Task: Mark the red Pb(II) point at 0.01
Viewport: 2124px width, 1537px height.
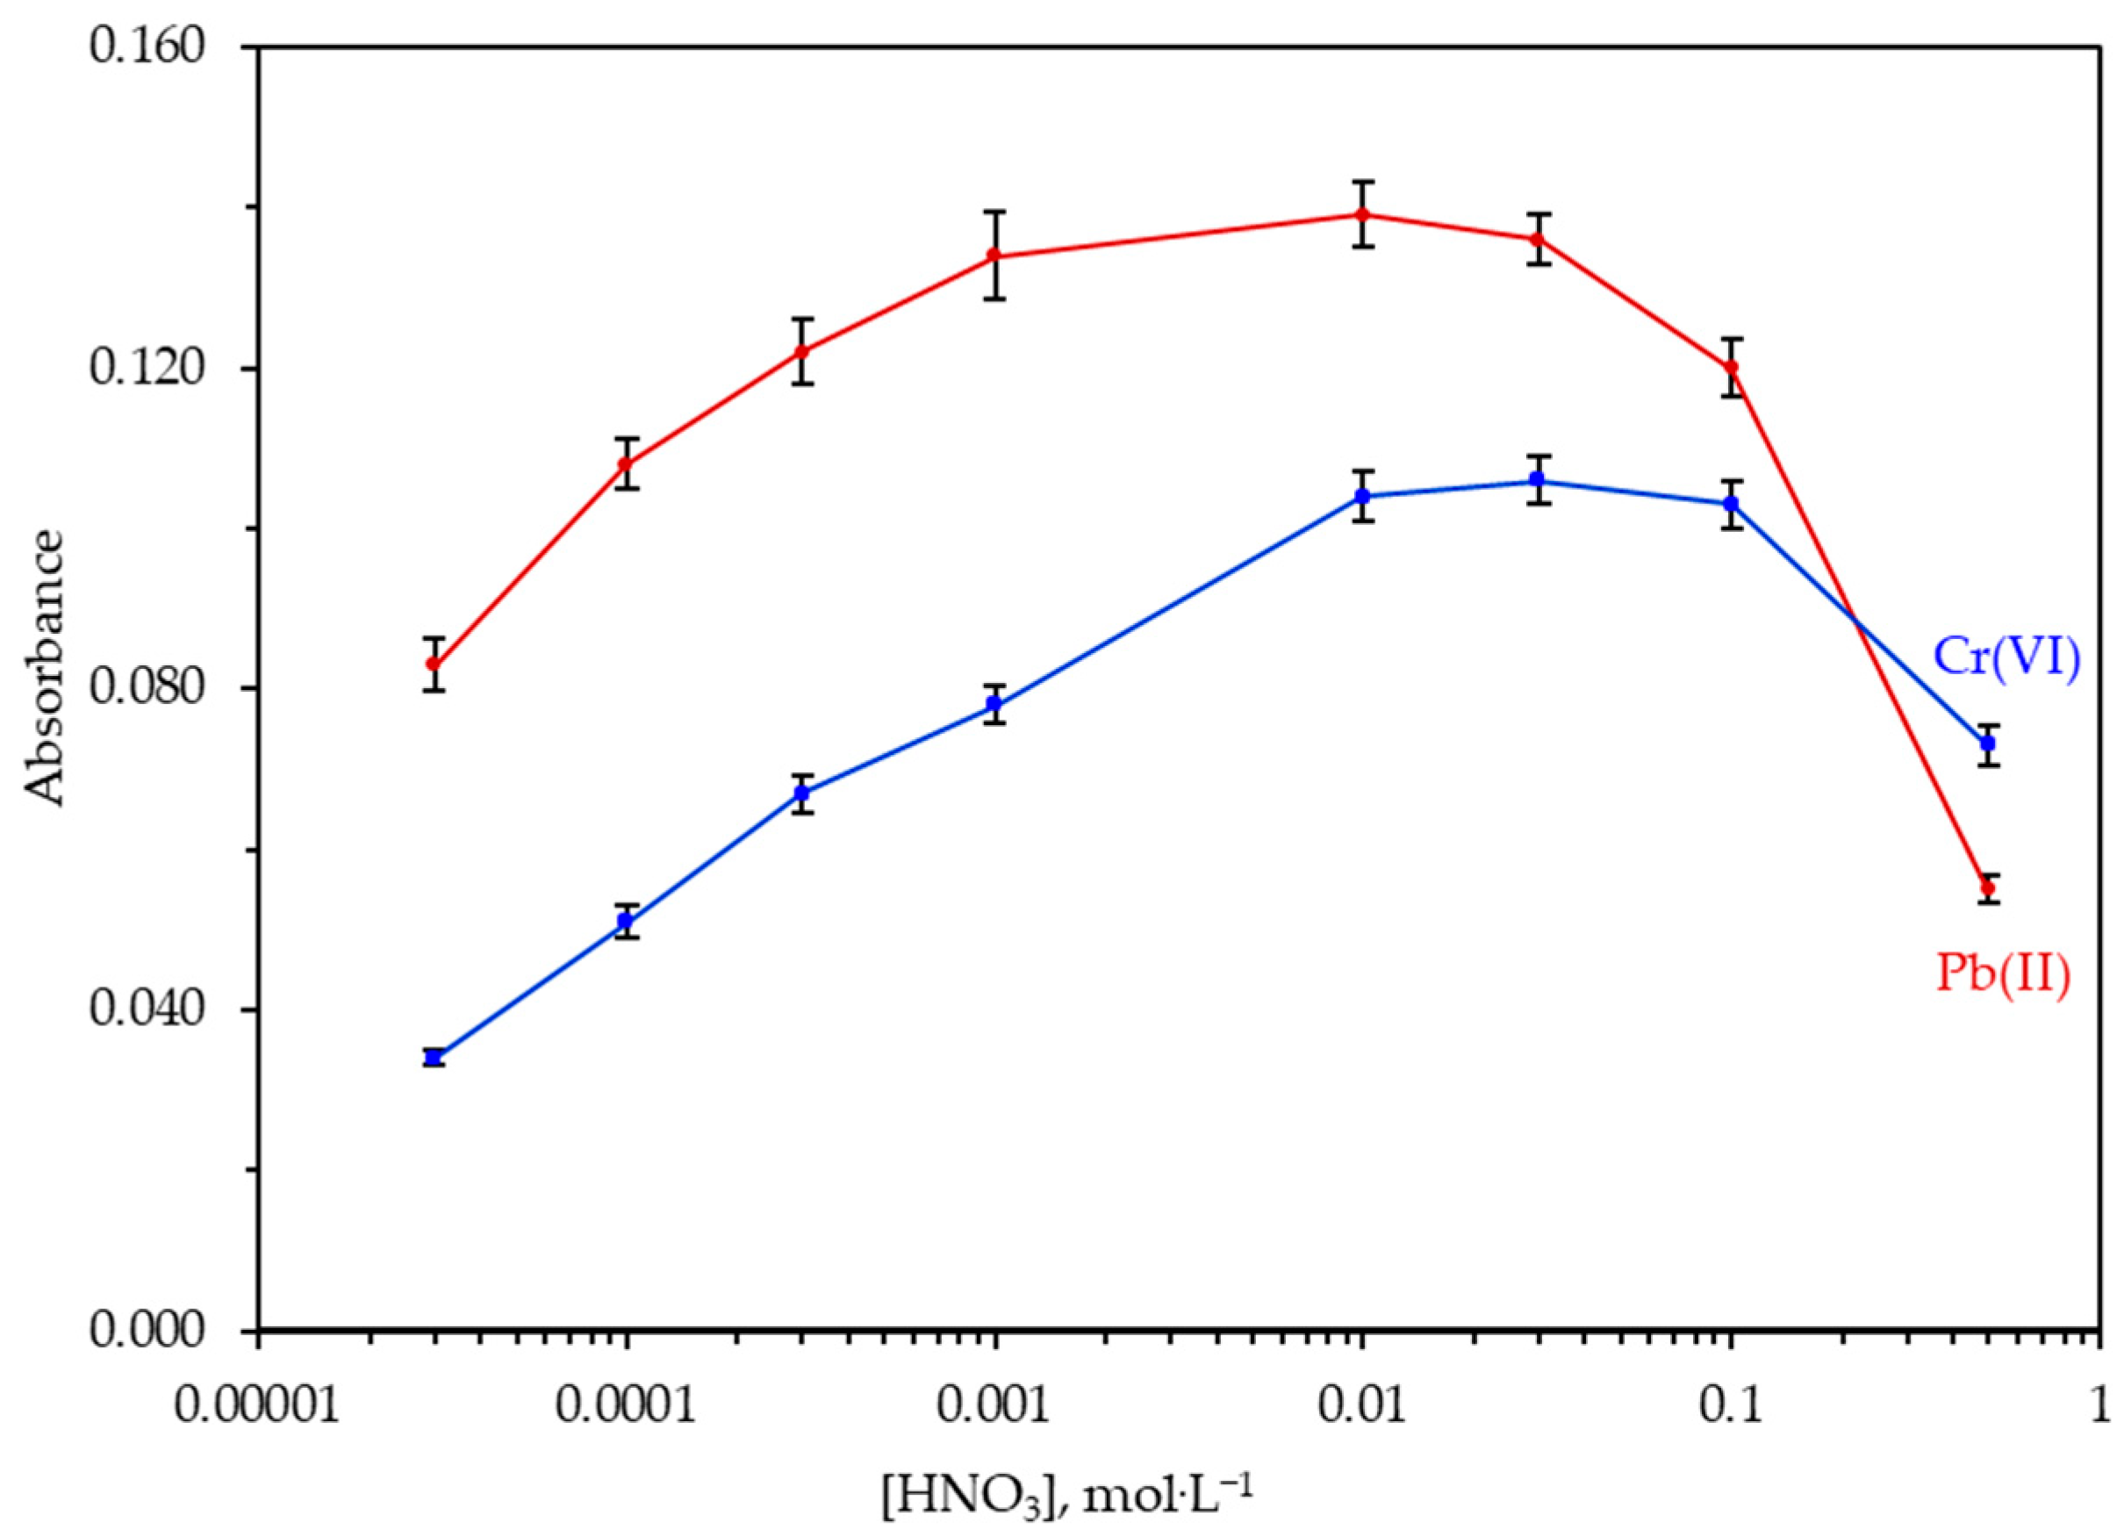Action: (x=1363, y=214)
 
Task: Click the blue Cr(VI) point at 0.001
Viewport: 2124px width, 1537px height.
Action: (x=994, y=704)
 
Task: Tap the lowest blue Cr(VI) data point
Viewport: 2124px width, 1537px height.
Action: (x=434, y=1058)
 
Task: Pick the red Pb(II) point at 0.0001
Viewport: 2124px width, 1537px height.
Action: (x=627, y=463)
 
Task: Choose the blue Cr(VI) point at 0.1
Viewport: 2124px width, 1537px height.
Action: (x=1731, y=504)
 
